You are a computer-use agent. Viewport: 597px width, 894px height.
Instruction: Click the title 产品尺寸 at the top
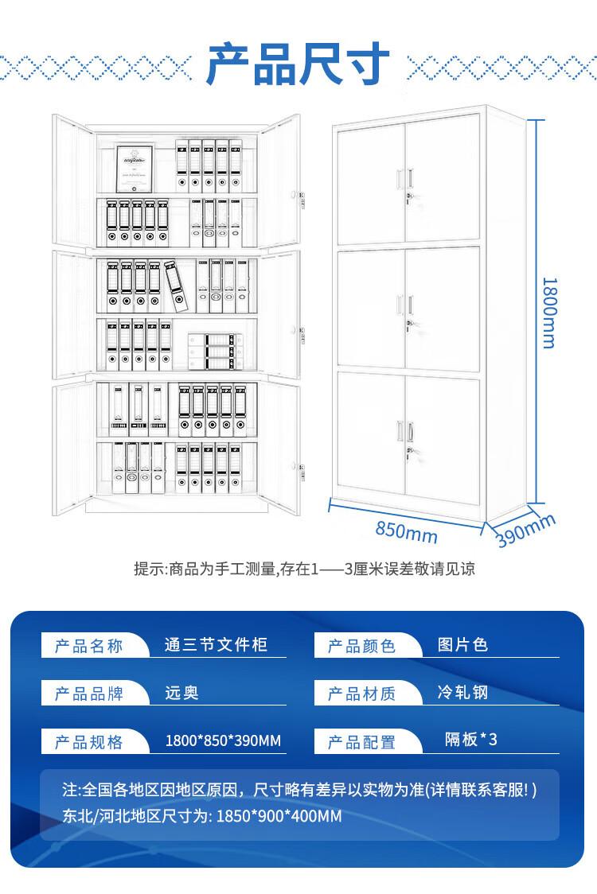[x=298, y=64]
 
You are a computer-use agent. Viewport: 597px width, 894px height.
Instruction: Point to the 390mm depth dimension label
[x=525, y=531]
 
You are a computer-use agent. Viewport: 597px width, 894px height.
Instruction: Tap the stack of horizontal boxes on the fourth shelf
[x=215, y=351]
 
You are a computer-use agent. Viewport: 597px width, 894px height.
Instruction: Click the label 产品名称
[x=89, y=645]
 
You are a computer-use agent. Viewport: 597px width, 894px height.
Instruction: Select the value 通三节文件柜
[x=215, y=645]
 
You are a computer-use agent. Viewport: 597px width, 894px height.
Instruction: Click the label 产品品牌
[x=89, y=694]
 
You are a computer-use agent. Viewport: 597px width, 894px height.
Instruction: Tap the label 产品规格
[x=89, y=742]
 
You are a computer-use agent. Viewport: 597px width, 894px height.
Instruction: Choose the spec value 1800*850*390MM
[x=223, y=741]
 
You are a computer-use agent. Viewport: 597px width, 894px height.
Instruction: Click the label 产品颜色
[x=362, y=646]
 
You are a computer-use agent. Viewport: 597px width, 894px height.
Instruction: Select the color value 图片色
[x=462, y=644]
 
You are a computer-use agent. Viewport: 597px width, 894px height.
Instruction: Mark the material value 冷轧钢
[x=462, y=692]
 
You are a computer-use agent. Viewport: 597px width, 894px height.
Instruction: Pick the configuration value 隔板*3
[x=470, y=740]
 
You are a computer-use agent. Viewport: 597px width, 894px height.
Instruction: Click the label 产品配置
[x=362, y=742]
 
